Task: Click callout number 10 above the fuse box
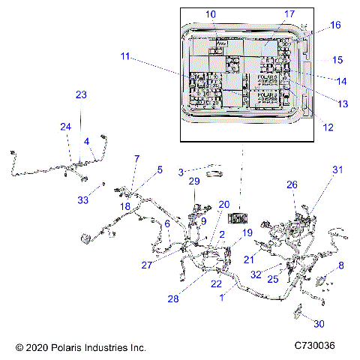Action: [210, 14]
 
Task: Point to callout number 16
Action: [335, 25]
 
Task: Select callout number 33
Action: [83, 200]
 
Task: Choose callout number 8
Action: [341, 265]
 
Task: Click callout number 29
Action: [193, 181]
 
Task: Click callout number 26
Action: [292, 184]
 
